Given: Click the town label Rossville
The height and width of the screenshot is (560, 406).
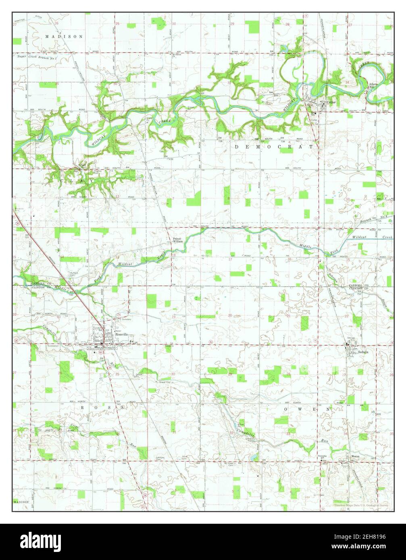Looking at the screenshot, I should point(121,334).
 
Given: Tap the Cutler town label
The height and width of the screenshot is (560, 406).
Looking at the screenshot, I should point(331,102).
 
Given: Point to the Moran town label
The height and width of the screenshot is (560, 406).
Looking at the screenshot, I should point(355,456).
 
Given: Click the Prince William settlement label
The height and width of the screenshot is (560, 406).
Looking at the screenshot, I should point(178,240).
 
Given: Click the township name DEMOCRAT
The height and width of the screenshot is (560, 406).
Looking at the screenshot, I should point(274,147).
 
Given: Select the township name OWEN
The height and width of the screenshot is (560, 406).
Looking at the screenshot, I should point(308,409).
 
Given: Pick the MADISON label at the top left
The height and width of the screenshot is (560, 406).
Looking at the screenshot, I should point(64,36).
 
